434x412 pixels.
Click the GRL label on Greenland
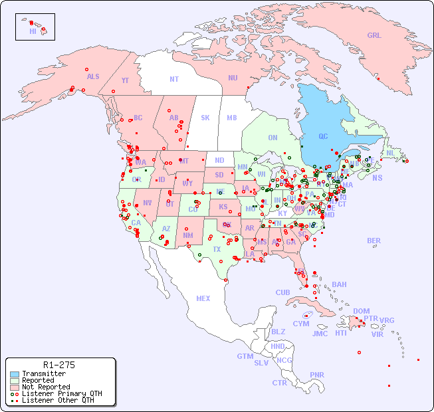[374, 35]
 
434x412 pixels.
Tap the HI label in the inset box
[33, 31]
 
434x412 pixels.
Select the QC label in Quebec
[323, 136]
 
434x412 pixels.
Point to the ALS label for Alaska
[93, 76]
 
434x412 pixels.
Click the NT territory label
[174, 78]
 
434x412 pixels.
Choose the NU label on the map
[233, 78]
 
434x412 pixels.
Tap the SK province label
[205, 118]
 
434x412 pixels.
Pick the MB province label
[232, 118]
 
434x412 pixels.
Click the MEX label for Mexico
[203, 298]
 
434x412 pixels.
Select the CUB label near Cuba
[283, 292]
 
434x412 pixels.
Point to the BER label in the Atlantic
[374, 241]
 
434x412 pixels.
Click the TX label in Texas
[217, 249]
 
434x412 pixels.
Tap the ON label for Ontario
[272, 138]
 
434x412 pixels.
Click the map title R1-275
[58, 365]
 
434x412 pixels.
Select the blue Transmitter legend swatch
[15, 374]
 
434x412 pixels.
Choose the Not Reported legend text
[45, 387]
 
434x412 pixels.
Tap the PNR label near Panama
[317, 375]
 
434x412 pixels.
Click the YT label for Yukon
[125, 80]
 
